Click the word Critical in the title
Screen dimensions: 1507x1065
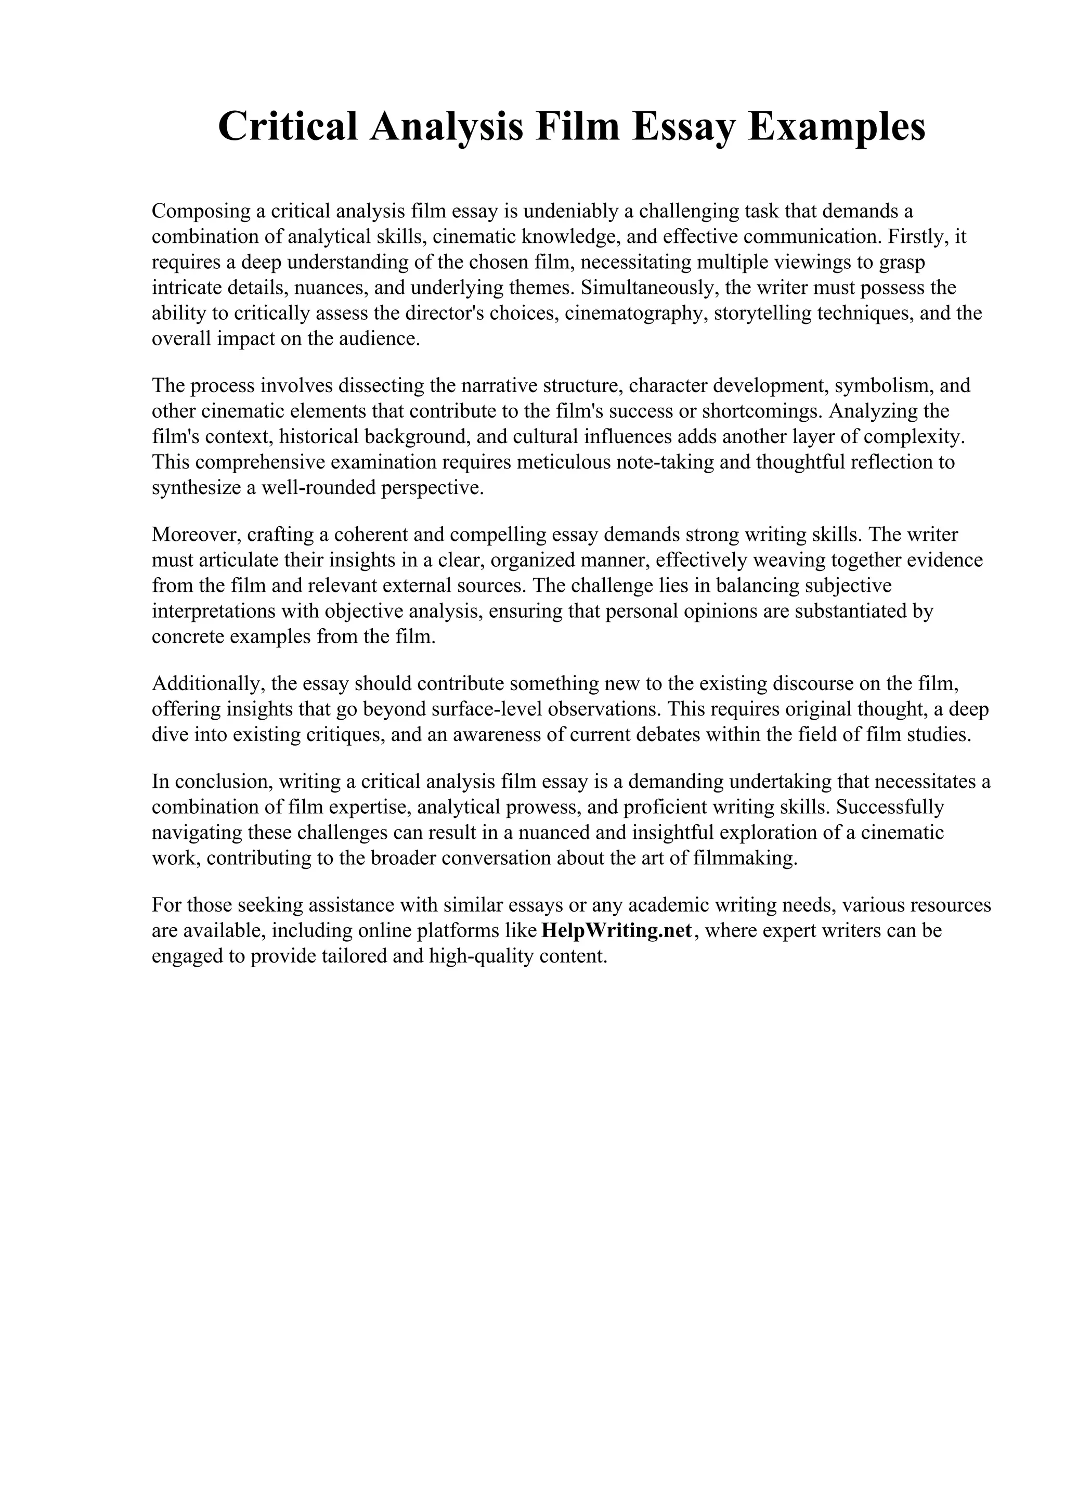coord(288,127)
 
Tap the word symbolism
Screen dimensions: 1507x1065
coord(879,385)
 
